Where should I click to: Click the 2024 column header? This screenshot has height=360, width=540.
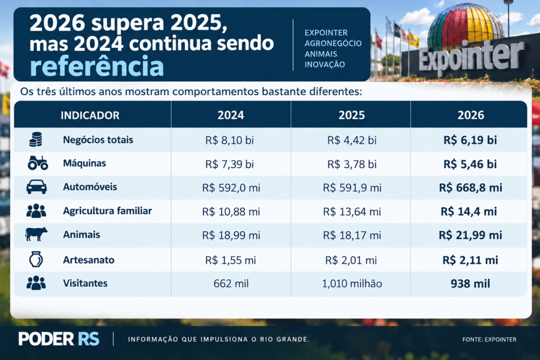tap(231, 115)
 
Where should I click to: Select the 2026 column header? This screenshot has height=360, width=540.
tap(471, 115)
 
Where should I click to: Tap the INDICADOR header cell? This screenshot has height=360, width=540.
tap(90, 115)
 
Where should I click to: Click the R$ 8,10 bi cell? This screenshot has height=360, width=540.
tap(229, 140)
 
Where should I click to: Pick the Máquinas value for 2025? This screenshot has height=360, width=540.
tap(352, 164)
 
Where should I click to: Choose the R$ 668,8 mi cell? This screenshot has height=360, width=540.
tap(470, 188)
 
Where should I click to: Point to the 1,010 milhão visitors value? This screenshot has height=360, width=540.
tap(352, 284)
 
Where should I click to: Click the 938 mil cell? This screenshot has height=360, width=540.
tap(470, 284)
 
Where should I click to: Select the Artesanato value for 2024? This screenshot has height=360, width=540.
tap(230, 260)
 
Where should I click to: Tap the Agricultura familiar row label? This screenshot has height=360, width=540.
tap(107, 211)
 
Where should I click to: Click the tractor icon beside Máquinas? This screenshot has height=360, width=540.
tap(37, 163)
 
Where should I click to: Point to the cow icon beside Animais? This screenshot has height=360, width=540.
tap(36, 235)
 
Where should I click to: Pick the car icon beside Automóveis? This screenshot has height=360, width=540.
tap(36, 187)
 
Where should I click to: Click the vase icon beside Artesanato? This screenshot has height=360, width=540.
tap(36, 259)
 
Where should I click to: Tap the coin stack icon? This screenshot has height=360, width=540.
tap(35, 139)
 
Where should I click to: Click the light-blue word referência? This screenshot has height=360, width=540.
tap(97, 66)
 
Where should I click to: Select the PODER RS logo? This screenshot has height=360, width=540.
tap(59, 339)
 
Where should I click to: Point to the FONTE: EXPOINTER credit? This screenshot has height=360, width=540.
tap(489, 339)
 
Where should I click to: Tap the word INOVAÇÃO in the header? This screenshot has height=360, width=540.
tap(324, 64)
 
